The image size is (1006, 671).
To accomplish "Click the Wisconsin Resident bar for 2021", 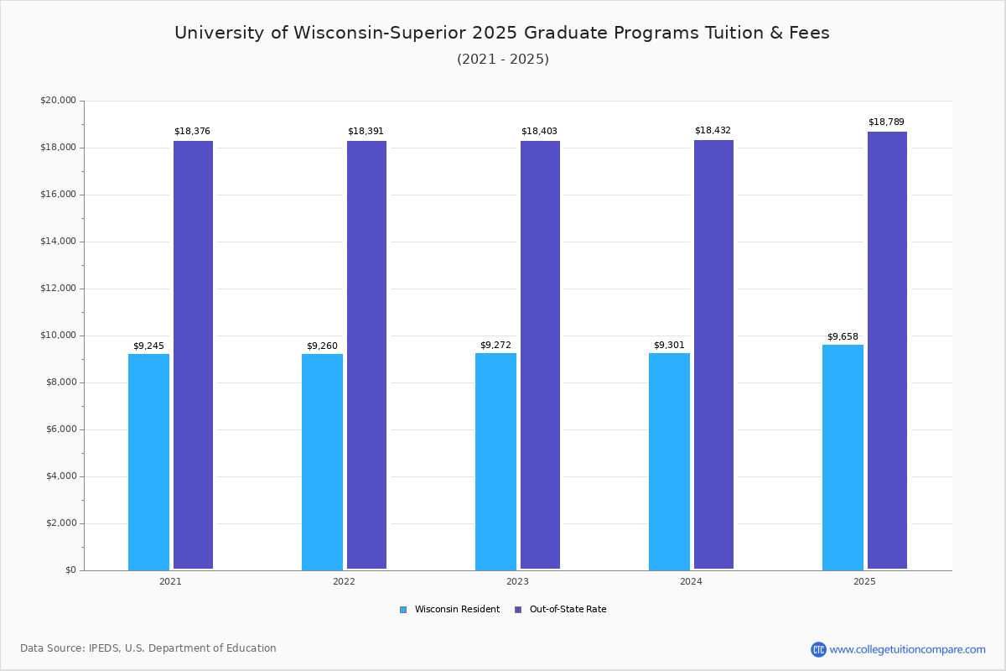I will tap(148, 461).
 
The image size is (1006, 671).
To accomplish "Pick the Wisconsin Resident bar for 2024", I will tap(669, 461).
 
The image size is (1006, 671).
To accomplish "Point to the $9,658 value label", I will tap(843, 337).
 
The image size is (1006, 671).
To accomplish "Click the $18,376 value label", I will tap(192, 132).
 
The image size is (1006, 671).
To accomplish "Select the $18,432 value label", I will tap(713, 131).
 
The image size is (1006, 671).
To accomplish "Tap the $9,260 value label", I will tap(322, 346).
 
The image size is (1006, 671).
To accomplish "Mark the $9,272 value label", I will tap(495, 346).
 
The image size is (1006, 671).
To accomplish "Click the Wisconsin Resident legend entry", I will tap(450, 610).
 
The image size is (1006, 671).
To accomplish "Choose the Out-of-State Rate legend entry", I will tap(561, 610).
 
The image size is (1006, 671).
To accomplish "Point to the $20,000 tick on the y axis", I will tap(58, 101).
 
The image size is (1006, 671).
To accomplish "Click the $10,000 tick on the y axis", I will tap(58, 335).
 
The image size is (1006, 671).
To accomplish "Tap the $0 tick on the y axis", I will tap(70, 570).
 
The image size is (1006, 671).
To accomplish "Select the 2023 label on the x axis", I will tap(517, 581).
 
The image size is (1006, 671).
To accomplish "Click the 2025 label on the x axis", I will tap(864, 581).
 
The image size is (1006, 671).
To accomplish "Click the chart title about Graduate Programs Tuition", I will tap(502, 33).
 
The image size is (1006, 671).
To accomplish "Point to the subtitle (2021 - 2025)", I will tap(503, 60).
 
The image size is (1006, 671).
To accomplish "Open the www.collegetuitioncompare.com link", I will tap(907, 649).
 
